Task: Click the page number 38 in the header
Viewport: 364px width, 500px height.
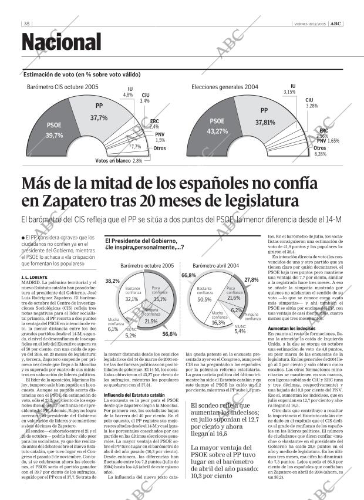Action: pos(27,24)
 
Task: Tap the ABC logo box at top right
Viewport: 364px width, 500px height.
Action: pos(335,24)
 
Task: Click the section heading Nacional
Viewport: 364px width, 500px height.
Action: pos(62,42)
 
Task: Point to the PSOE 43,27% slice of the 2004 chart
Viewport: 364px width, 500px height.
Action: pos(218,127)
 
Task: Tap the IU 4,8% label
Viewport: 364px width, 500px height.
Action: pos(128,92)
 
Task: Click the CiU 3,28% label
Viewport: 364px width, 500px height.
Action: pos(311,103)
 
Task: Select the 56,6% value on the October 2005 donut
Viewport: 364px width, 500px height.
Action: pos(169,334)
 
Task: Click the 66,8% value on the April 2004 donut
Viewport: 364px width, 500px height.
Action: pos(188,275)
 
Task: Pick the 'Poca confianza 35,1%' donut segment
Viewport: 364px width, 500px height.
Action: pos(158,295)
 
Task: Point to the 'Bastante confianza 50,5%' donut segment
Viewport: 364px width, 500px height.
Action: pos(205,295)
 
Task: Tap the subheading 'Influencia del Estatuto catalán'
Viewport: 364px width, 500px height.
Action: pos(131,362)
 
